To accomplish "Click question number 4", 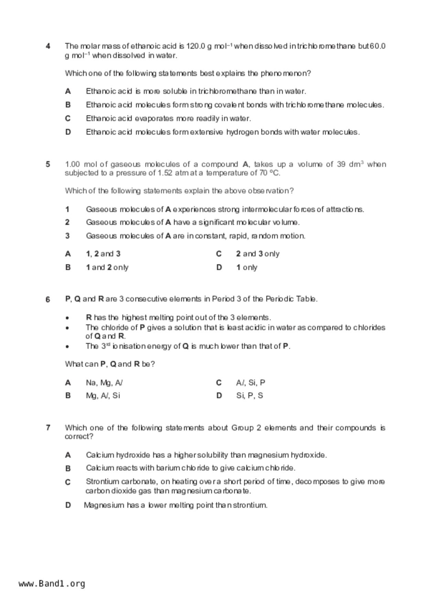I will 48,46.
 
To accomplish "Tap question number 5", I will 48,164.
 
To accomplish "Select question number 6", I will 48,299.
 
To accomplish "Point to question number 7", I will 48,428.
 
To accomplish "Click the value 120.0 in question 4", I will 196,46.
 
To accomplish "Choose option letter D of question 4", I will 68,132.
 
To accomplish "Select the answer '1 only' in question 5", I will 247,267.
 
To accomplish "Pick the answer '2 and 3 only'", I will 258,254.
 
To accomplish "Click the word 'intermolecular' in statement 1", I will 267,209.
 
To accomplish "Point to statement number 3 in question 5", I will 67,236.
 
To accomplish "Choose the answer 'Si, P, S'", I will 249,396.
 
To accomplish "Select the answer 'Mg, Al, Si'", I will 103,396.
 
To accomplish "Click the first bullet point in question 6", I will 68,318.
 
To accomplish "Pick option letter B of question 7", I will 68,468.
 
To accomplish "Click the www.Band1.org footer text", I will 52,584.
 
